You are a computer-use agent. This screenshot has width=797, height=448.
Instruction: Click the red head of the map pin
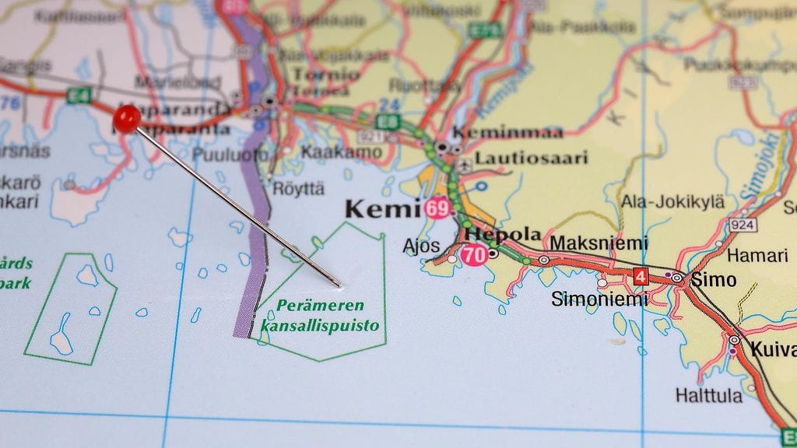(127, 117)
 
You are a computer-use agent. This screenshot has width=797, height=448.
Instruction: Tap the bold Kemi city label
(382, 208)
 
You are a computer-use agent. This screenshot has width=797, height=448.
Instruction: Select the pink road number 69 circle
(437, 208)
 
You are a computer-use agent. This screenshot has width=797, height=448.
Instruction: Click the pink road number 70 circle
(474, 254)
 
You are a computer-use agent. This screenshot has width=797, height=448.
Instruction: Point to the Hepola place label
(502, 234)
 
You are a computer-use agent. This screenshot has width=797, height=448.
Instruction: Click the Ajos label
(420, 247)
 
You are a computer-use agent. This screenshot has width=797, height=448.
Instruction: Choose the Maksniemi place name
(599, 243)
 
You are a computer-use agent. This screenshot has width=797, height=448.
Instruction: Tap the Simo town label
(713, 280)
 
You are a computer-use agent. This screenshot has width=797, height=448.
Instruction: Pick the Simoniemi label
(599, 299)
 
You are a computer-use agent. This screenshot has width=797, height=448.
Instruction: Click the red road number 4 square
(640, 276)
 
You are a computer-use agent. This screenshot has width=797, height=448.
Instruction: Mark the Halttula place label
(708, 395)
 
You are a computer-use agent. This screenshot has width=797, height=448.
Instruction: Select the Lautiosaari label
(532, 159)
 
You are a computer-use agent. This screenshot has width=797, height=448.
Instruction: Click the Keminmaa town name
(507, 132)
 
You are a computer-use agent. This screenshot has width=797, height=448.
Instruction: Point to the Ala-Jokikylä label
(672, 202)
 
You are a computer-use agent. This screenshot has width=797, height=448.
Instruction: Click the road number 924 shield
(742, 225)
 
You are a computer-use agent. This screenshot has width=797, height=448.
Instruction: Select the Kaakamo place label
(341, 152)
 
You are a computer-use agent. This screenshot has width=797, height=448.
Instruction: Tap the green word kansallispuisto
(320, 326)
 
